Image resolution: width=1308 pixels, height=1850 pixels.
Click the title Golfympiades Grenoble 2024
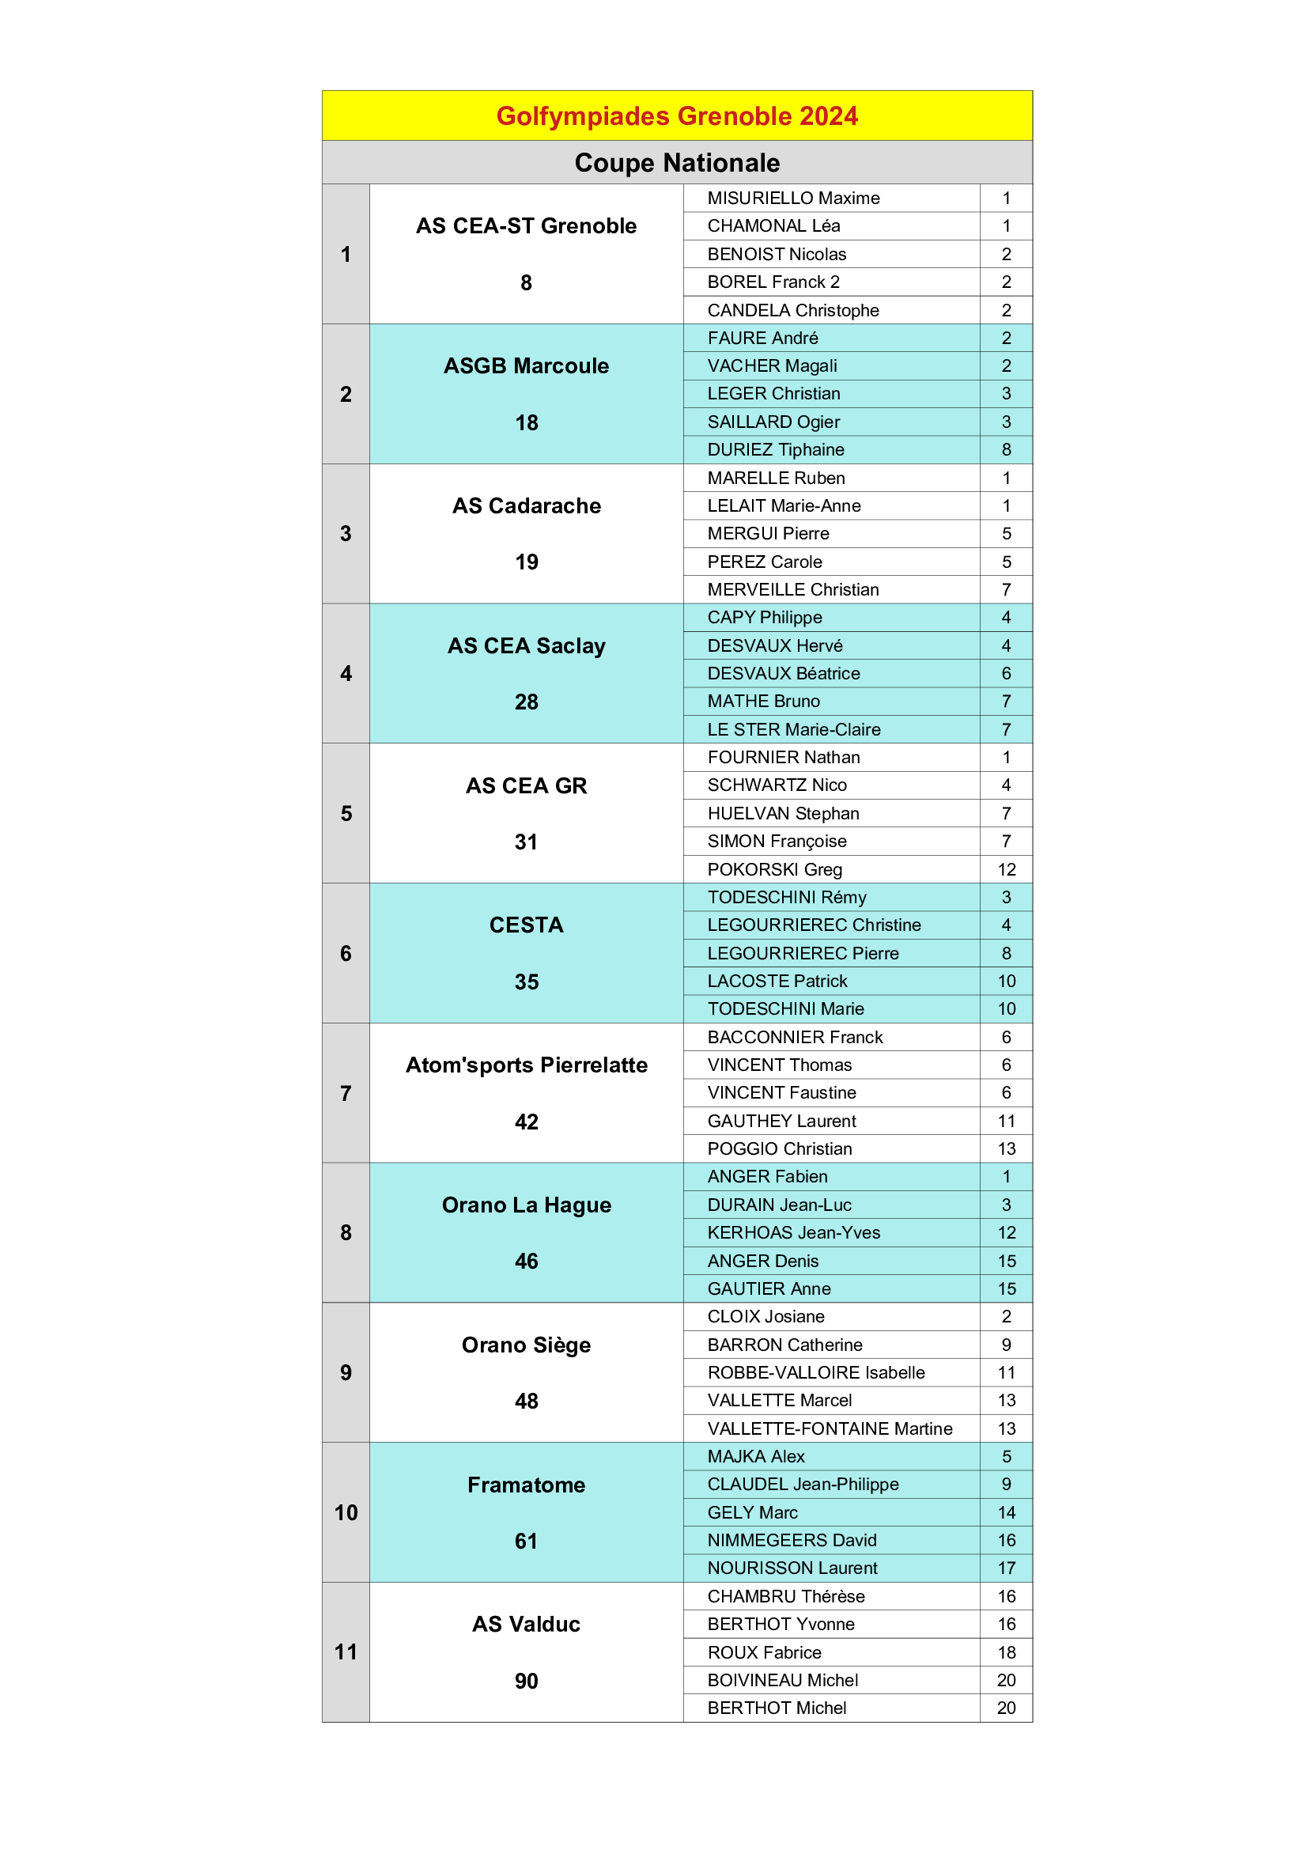point(677,116)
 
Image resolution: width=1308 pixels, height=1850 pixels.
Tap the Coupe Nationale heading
point(677,163)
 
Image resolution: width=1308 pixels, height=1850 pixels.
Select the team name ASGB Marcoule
point(526,366)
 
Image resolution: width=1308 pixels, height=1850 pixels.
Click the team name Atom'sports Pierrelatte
point(526,1065)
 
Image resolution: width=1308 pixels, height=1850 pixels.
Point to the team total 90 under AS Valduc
point(526,1681)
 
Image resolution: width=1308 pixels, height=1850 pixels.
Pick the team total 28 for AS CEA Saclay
point(526,702)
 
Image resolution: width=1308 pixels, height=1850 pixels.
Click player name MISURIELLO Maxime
point(793,199)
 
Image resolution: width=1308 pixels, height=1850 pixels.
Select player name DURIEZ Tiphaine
point(776,449)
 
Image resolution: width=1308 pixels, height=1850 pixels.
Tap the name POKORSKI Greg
point(774,869)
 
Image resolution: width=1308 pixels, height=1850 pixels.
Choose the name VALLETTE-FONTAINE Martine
point(830,1428)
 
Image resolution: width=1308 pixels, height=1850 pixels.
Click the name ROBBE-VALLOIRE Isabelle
point(816,1372)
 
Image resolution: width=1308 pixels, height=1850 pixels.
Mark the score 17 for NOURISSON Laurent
point(1006,1568)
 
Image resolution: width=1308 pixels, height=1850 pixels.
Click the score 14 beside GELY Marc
point(1006,1512)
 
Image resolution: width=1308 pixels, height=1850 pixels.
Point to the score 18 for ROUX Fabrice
point(1006,1652)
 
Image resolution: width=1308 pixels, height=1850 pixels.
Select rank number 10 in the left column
point(346,1512)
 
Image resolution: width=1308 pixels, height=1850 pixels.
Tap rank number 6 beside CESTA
point(346,953)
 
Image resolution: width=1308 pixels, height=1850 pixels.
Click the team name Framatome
point(526,1485)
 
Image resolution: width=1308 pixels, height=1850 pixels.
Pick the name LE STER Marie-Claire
point(793,729)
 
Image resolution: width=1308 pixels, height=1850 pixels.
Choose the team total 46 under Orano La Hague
point(526,1261)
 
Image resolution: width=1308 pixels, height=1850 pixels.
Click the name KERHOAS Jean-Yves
point(793,1233)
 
